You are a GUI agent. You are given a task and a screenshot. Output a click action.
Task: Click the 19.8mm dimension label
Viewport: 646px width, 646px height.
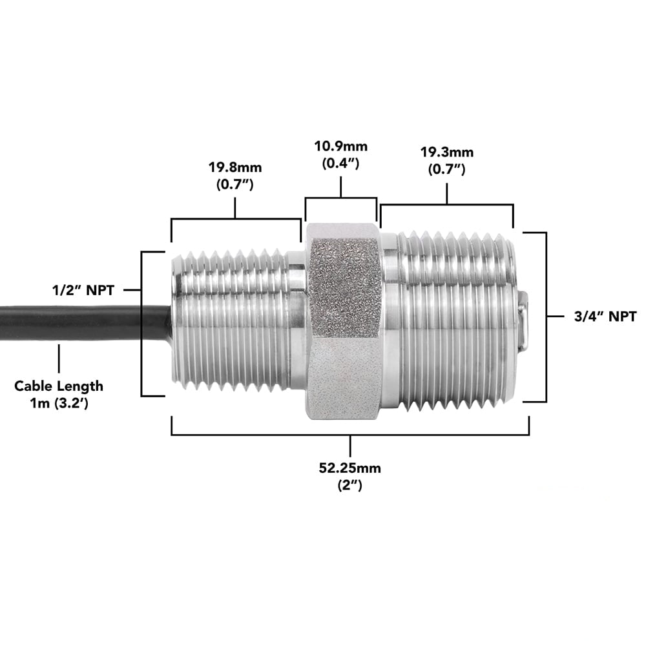pos(234,168)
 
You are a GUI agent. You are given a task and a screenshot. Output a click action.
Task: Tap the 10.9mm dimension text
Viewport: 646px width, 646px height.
pos(340,147)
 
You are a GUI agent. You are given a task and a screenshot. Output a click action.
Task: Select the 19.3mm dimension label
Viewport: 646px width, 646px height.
pos(447,153)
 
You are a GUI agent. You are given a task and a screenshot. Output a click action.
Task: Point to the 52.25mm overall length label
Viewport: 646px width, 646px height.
pos(349,468)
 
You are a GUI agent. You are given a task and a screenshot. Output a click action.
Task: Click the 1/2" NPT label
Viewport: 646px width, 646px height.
pos(84,291)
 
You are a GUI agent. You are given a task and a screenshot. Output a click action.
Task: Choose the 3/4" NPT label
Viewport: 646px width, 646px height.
pos(601,317)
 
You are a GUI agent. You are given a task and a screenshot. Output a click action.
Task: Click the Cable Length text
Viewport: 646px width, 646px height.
pos(59,386)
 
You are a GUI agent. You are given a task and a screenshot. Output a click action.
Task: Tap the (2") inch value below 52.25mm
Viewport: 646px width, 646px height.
pos(349,486)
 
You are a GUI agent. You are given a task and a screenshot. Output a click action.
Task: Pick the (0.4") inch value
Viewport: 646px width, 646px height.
pos(340,163)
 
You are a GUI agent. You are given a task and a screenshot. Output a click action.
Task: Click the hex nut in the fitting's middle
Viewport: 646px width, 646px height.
pos(342,320)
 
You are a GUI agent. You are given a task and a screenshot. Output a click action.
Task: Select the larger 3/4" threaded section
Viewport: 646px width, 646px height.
pos(452,320)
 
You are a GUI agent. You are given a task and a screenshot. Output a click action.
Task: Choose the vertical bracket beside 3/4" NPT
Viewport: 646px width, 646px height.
pos(546,317)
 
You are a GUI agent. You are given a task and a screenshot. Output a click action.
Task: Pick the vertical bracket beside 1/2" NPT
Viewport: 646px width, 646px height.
pos(141,323)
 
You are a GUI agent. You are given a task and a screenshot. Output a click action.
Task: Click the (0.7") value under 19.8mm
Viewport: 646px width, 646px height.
pos(234,185)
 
